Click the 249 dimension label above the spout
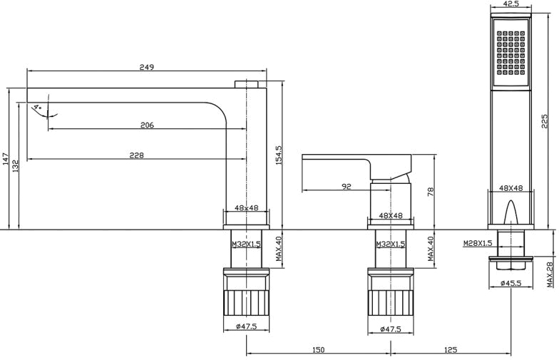(147, 67)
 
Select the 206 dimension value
(147, 125)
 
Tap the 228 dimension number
(137, 155)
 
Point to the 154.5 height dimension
(279, 155)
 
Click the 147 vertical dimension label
(6, 160)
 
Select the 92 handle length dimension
(347, 186)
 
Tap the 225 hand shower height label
(544, 121)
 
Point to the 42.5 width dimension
(511, 4)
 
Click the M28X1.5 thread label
(478, 243)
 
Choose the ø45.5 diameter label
(511, 283)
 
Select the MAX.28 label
(552, 274)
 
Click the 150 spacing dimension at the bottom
(318, 349)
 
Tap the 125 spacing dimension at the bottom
(451, 349)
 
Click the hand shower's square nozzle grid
(511, 53)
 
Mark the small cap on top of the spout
(247, 84)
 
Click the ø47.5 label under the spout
(247, 326)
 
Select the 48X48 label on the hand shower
(511, 188)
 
